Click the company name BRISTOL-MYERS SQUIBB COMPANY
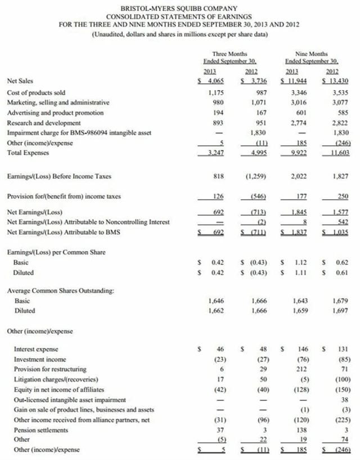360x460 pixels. tap(179, 8)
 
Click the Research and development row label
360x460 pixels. tap(43, 123)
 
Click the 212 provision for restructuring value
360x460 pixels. tap(299, 369)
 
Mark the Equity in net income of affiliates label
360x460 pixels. tap(58, 389)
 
